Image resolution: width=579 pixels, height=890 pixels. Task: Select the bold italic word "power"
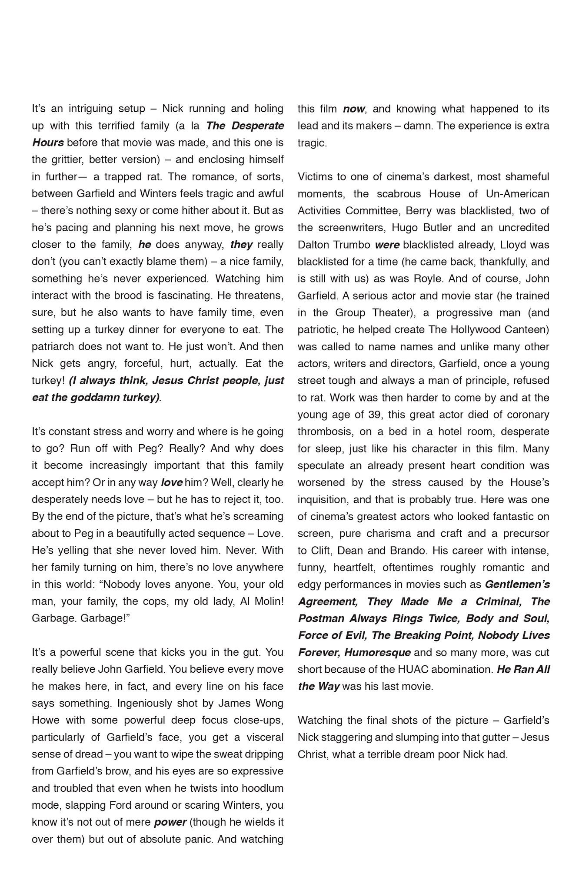tap(170, 822)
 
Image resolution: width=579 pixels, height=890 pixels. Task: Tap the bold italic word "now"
tap(354, 109)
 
